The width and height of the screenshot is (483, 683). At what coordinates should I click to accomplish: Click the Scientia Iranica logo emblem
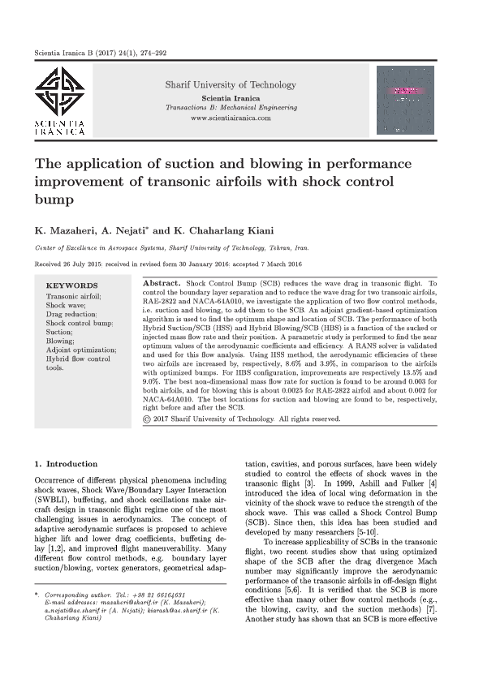(x=58, y=92)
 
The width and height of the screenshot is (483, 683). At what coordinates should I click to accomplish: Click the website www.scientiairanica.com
(x=231, y=118)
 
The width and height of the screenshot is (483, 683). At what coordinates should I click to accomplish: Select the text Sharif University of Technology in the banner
(x=231, y=84)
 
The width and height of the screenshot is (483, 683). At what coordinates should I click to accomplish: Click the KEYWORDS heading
(x=71, y=286)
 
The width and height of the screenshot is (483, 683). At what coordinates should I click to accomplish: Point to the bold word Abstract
(x=161, y=282)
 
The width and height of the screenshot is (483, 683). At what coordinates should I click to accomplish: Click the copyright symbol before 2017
(x=146, y=419)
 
